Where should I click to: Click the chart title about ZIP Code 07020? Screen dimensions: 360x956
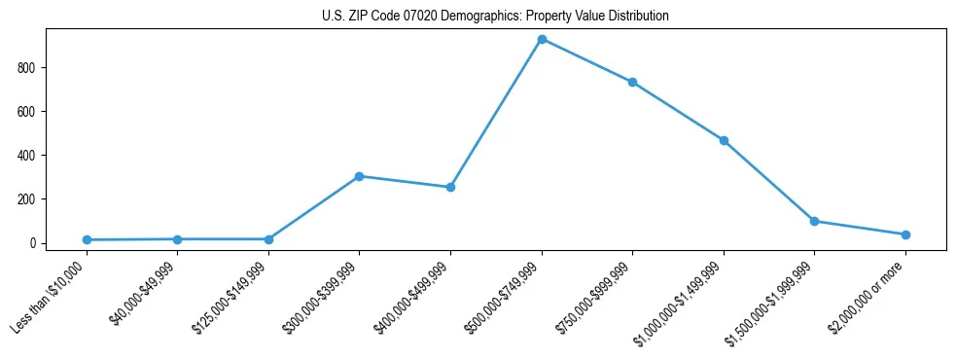[x=495, y=17]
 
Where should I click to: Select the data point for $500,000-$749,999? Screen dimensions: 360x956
[x=542, y=39]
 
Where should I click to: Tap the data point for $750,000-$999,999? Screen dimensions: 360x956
[x=632, y=82]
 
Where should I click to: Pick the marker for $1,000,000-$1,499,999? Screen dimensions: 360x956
[x=724, y=140]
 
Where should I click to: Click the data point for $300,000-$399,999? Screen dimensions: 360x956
[x=359, y=176]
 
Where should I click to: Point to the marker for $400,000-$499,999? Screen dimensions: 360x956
[x=450, y=187]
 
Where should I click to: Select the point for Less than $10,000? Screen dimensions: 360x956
[x=87, y=239]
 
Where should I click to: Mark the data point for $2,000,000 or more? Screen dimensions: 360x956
[x=905, y=234]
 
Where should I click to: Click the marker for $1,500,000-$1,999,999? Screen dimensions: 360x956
[x=814, y=221]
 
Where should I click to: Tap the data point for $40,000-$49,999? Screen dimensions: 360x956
[x=177, y=238]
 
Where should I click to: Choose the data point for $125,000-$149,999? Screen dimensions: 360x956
[x=268, y=238]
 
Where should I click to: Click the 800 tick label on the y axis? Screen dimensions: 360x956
[x=26, y=68]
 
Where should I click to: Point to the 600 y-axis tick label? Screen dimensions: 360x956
[x=26, y=112]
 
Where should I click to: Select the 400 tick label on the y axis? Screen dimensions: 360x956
[x=26, y=156]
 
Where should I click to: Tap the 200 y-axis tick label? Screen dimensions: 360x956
[x=26, y=199]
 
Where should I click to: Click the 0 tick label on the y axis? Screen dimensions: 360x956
[x=33, y=243]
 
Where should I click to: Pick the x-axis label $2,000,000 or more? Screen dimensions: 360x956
[x=870, y=296]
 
